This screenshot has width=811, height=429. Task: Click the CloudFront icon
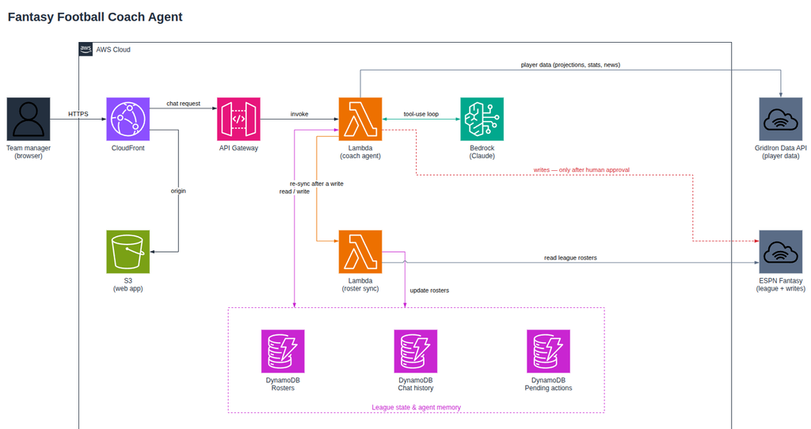coord(128,119)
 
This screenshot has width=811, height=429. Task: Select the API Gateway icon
coord(238,119)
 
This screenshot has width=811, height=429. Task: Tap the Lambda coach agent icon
coord(360,119)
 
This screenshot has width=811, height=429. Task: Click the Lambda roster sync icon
coord(360,252)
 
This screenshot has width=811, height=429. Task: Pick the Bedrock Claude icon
coord(482,119)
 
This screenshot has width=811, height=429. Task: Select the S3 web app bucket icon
coord(128,252)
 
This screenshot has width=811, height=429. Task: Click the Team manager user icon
coord(29,119)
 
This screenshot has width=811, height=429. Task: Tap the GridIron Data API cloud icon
coord(780,119)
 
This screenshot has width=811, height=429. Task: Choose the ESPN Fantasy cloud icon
coord(780,252)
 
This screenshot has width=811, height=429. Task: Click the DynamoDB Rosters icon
coord(283,351)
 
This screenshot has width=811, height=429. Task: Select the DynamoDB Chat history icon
coord(415,351)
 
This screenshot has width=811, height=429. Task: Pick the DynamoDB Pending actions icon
coord(548,351)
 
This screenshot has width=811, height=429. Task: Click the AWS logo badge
coord(86,49)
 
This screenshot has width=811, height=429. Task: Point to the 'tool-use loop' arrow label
coord(421,114)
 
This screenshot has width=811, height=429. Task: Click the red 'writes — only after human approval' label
coord(581,169)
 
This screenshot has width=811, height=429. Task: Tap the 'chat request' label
coord(183,104)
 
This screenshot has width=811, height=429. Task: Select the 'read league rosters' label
coord(570,257)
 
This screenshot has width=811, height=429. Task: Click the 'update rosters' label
coord(429,290)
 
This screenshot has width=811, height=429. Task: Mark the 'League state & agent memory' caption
coord(417,408)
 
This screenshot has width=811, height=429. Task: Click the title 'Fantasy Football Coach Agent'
coord(95,17)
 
